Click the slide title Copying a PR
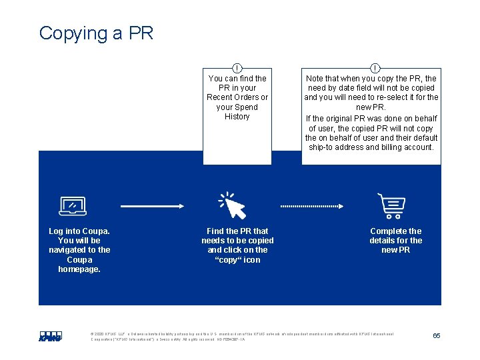click(x=96, y=33)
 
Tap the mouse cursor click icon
click(x=233, y=205)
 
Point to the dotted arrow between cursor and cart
click(x=318, y=206)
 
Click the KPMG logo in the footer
click(x=50, y=336)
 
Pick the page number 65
click(x=436, y=335)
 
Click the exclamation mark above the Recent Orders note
click(x=237, y=68)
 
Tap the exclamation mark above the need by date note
click(x=375, y=68)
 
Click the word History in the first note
click(x=237, y=117)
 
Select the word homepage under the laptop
click(x=79, y=269)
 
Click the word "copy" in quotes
click(x=229, y=260)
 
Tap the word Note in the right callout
click(x=315, y=79)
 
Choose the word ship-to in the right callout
click(x=322, y=147)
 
